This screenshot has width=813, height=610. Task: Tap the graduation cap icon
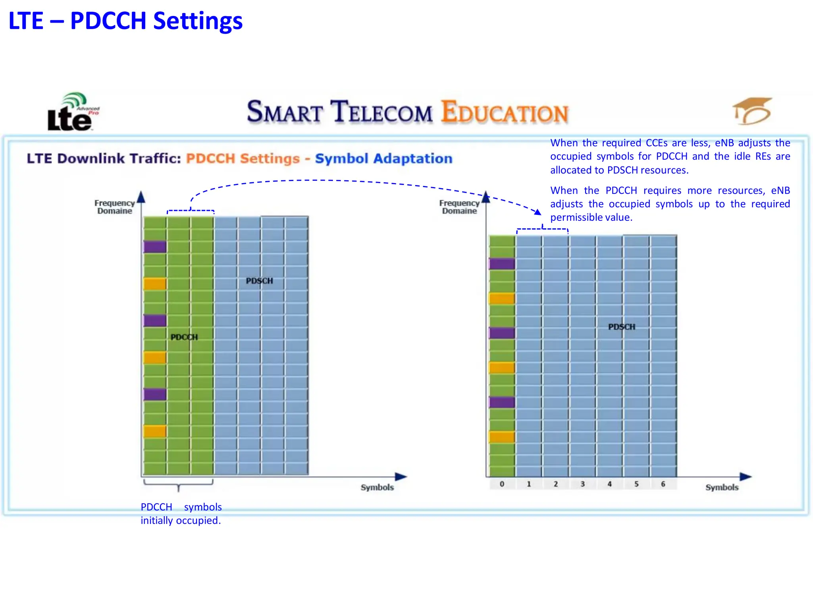[x=752, y=111]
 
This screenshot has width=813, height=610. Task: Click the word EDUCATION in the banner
[x=505, y=112]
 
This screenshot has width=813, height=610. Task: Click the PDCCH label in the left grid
[x=184, y=337]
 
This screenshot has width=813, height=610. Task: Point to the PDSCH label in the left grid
[x=259, y=281]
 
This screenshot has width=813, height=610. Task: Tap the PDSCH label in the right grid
[x=622, y=327]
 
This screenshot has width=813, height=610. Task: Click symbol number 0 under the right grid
[x=502, y=484]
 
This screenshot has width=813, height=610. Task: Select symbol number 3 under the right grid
[x=583, y=484]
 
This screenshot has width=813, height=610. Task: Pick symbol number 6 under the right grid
[x=663, y=484]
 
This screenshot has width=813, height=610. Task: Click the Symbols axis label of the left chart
[x=377, y=487]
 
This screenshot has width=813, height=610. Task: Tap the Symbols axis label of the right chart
[x=722, y=487]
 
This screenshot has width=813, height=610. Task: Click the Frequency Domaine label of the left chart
[x=115, y=207]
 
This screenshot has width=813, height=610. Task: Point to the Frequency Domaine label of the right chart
[x=459, y=207]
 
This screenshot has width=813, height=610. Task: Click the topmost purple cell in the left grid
[x=155, y=247]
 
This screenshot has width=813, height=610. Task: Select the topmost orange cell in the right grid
[x=502, y=298]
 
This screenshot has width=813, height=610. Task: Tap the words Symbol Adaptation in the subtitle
[x=383, y=158]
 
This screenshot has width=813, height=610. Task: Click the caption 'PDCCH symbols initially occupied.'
[x=181, y=513]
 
